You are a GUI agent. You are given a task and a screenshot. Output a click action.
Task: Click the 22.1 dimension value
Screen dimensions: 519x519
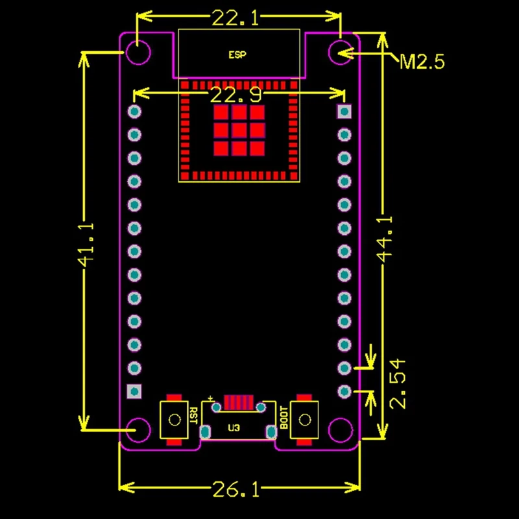click(235, 18)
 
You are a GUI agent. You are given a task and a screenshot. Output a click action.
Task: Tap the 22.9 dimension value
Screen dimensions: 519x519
click(235, 95)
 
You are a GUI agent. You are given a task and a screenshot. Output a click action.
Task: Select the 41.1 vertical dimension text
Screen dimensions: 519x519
click(86, 245)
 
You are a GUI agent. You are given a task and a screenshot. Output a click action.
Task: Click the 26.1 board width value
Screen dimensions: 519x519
click(236, 489)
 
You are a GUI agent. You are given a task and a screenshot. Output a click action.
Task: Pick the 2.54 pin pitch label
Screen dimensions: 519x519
click(397, 384)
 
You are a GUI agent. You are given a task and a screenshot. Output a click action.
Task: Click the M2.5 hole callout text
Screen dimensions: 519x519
click(422, 62)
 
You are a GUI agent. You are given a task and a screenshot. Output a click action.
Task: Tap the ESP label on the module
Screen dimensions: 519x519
click(237, 54)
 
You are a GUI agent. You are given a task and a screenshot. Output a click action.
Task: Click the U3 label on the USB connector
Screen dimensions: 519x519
click(234, 428)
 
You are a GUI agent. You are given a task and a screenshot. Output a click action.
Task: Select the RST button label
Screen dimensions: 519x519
click(193, 416)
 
